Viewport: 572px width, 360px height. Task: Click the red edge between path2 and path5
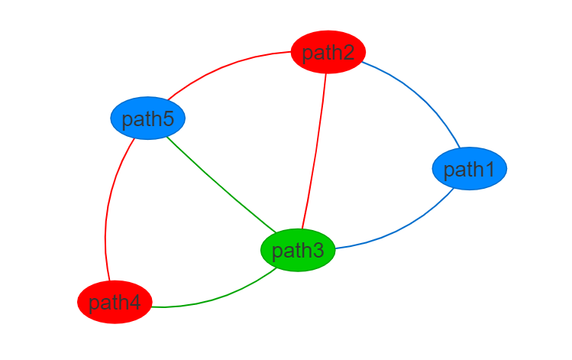coord(221,68)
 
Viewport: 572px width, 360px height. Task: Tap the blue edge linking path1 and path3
coord(405,229)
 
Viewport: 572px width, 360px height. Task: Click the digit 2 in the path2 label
coord(349,53)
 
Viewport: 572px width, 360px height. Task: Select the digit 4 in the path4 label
coord(135,303)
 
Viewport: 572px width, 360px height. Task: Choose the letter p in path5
coord(128,120)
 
